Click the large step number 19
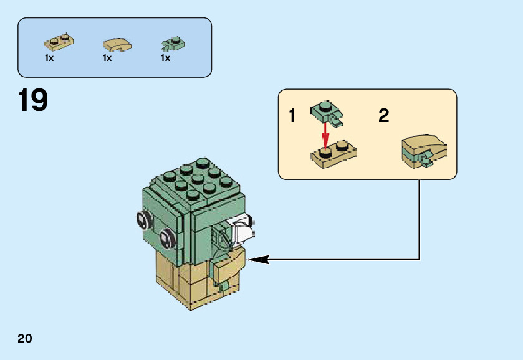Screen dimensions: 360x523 point(33,101)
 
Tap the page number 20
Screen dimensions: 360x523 point(25,339)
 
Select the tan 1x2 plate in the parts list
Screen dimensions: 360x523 point(59,44)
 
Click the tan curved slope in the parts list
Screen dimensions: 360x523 point(117,45)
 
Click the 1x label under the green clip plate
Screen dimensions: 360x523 point(165,58)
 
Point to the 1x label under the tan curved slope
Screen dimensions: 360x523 point(107,58)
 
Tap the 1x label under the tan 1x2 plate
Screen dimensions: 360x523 point(50,58)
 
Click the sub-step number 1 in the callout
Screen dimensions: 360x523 point(293,116)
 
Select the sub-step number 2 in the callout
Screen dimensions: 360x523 point(383,116)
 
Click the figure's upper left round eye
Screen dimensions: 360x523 point(143,219)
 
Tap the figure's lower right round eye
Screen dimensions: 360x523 point(166,237)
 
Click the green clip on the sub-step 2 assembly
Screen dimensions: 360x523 point(428,159)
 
